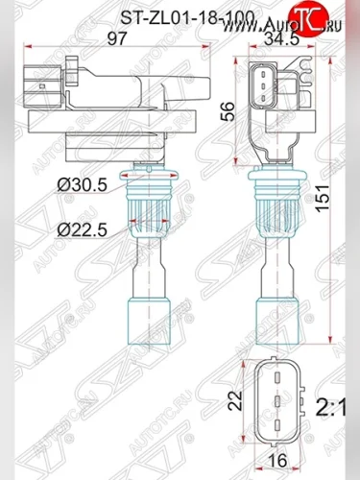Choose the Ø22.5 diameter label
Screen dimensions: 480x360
click(84, 228)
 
